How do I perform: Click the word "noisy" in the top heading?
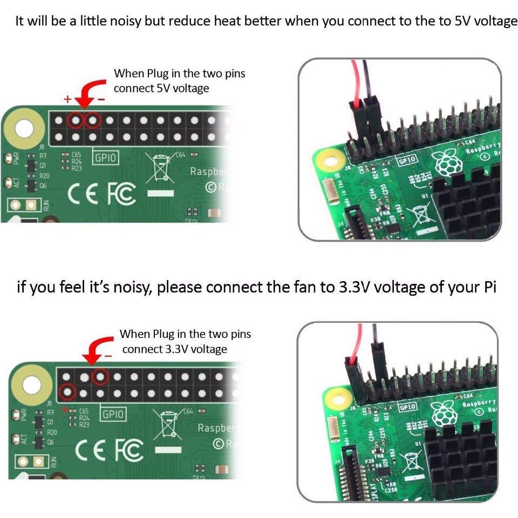point(119,22)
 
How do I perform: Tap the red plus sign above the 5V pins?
point(67,99)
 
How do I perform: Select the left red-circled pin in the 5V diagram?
point(76,119)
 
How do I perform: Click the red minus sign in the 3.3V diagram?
point(108,356)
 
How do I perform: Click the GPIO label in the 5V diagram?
point(106,158)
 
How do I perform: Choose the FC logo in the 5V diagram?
point(121,194)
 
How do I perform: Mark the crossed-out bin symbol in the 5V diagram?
point(161,167)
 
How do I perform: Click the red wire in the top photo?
point(355,81)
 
